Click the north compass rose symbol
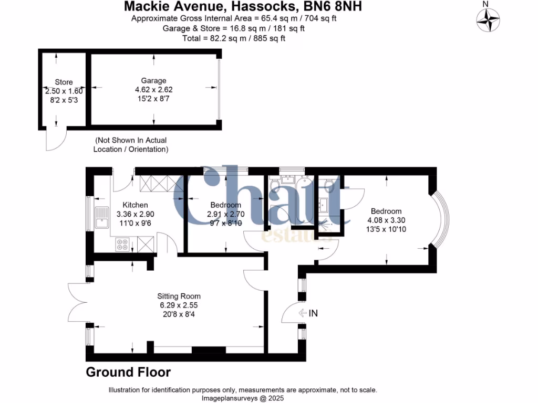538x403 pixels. pos(487,21)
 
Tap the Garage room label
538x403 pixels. pos(153,80)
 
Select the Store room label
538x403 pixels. pos(64,82)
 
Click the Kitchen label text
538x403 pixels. pos(135,205)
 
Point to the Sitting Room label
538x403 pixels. pos(179,296)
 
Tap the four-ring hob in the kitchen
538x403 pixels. pos(122,243)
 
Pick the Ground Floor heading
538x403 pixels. pos(128,373)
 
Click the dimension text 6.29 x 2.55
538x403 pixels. pos(179,305)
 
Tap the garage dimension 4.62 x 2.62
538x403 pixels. pos(153,90)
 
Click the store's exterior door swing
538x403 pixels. pos(53,139)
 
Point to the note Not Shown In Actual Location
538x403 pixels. pos(131,145)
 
